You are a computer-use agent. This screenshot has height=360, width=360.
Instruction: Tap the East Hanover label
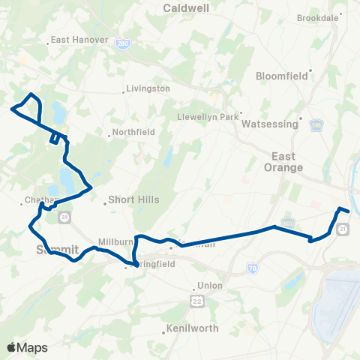(x=81, y=40)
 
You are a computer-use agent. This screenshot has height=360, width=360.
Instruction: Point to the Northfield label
(x=135, y=132)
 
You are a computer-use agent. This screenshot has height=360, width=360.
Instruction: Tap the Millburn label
(x=114, y=241)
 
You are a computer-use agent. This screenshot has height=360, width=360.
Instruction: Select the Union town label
(x=209, y=285)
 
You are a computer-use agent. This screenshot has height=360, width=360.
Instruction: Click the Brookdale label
(x=318, y=17)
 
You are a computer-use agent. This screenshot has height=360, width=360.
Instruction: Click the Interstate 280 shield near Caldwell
(x=122, y=45)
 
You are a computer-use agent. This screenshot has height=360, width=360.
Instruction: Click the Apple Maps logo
(x=27, y=347)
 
